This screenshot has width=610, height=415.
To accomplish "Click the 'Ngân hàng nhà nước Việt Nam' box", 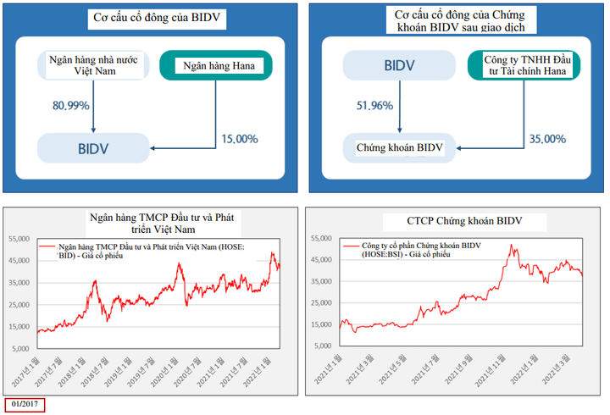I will (x=93, y=65).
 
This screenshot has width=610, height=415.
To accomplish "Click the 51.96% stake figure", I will (x=378, y=106).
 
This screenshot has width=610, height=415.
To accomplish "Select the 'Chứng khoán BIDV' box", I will (x=399, y=147).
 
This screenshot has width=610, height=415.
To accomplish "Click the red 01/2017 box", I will (x=26, y=404).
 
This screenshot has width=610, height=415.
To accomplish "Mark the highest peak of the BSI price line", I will (x=510, y=246).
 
